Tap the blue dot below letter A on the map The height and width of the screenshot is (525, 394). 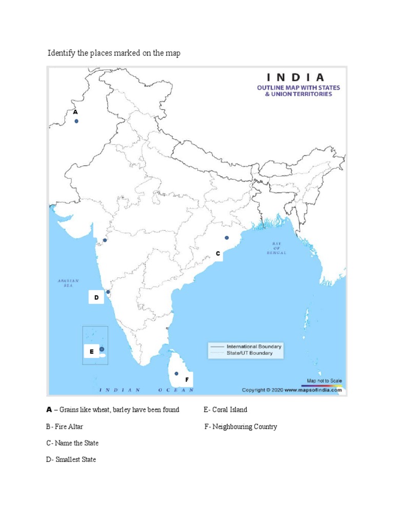(76, 121)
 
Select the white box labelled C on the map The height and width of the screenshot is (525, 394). (218, 254)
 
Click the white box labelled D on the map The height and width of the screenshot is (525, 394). (96, 297)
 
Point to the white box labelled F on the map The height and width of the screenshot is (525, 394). (187, 380)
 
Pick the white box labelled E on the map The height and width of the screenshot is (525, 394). (91, 352)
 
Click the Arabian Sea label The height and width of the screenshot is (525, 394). (69, 283)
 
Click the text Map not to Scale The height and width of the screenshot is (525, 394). (324, 381)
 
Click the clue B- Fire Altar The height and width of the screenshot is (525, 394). (64, 427)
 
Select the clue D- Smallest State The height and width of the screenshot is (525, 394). (71, 459)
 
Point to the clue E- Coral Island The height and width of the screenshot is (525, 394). (225, 410)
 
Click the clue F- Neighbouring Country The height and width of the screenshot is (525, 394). (241, 427)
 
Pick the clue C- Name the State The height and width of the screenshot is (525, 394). (72, 443)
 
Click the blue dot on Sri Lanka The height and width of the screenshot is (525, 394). (176, 374)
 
